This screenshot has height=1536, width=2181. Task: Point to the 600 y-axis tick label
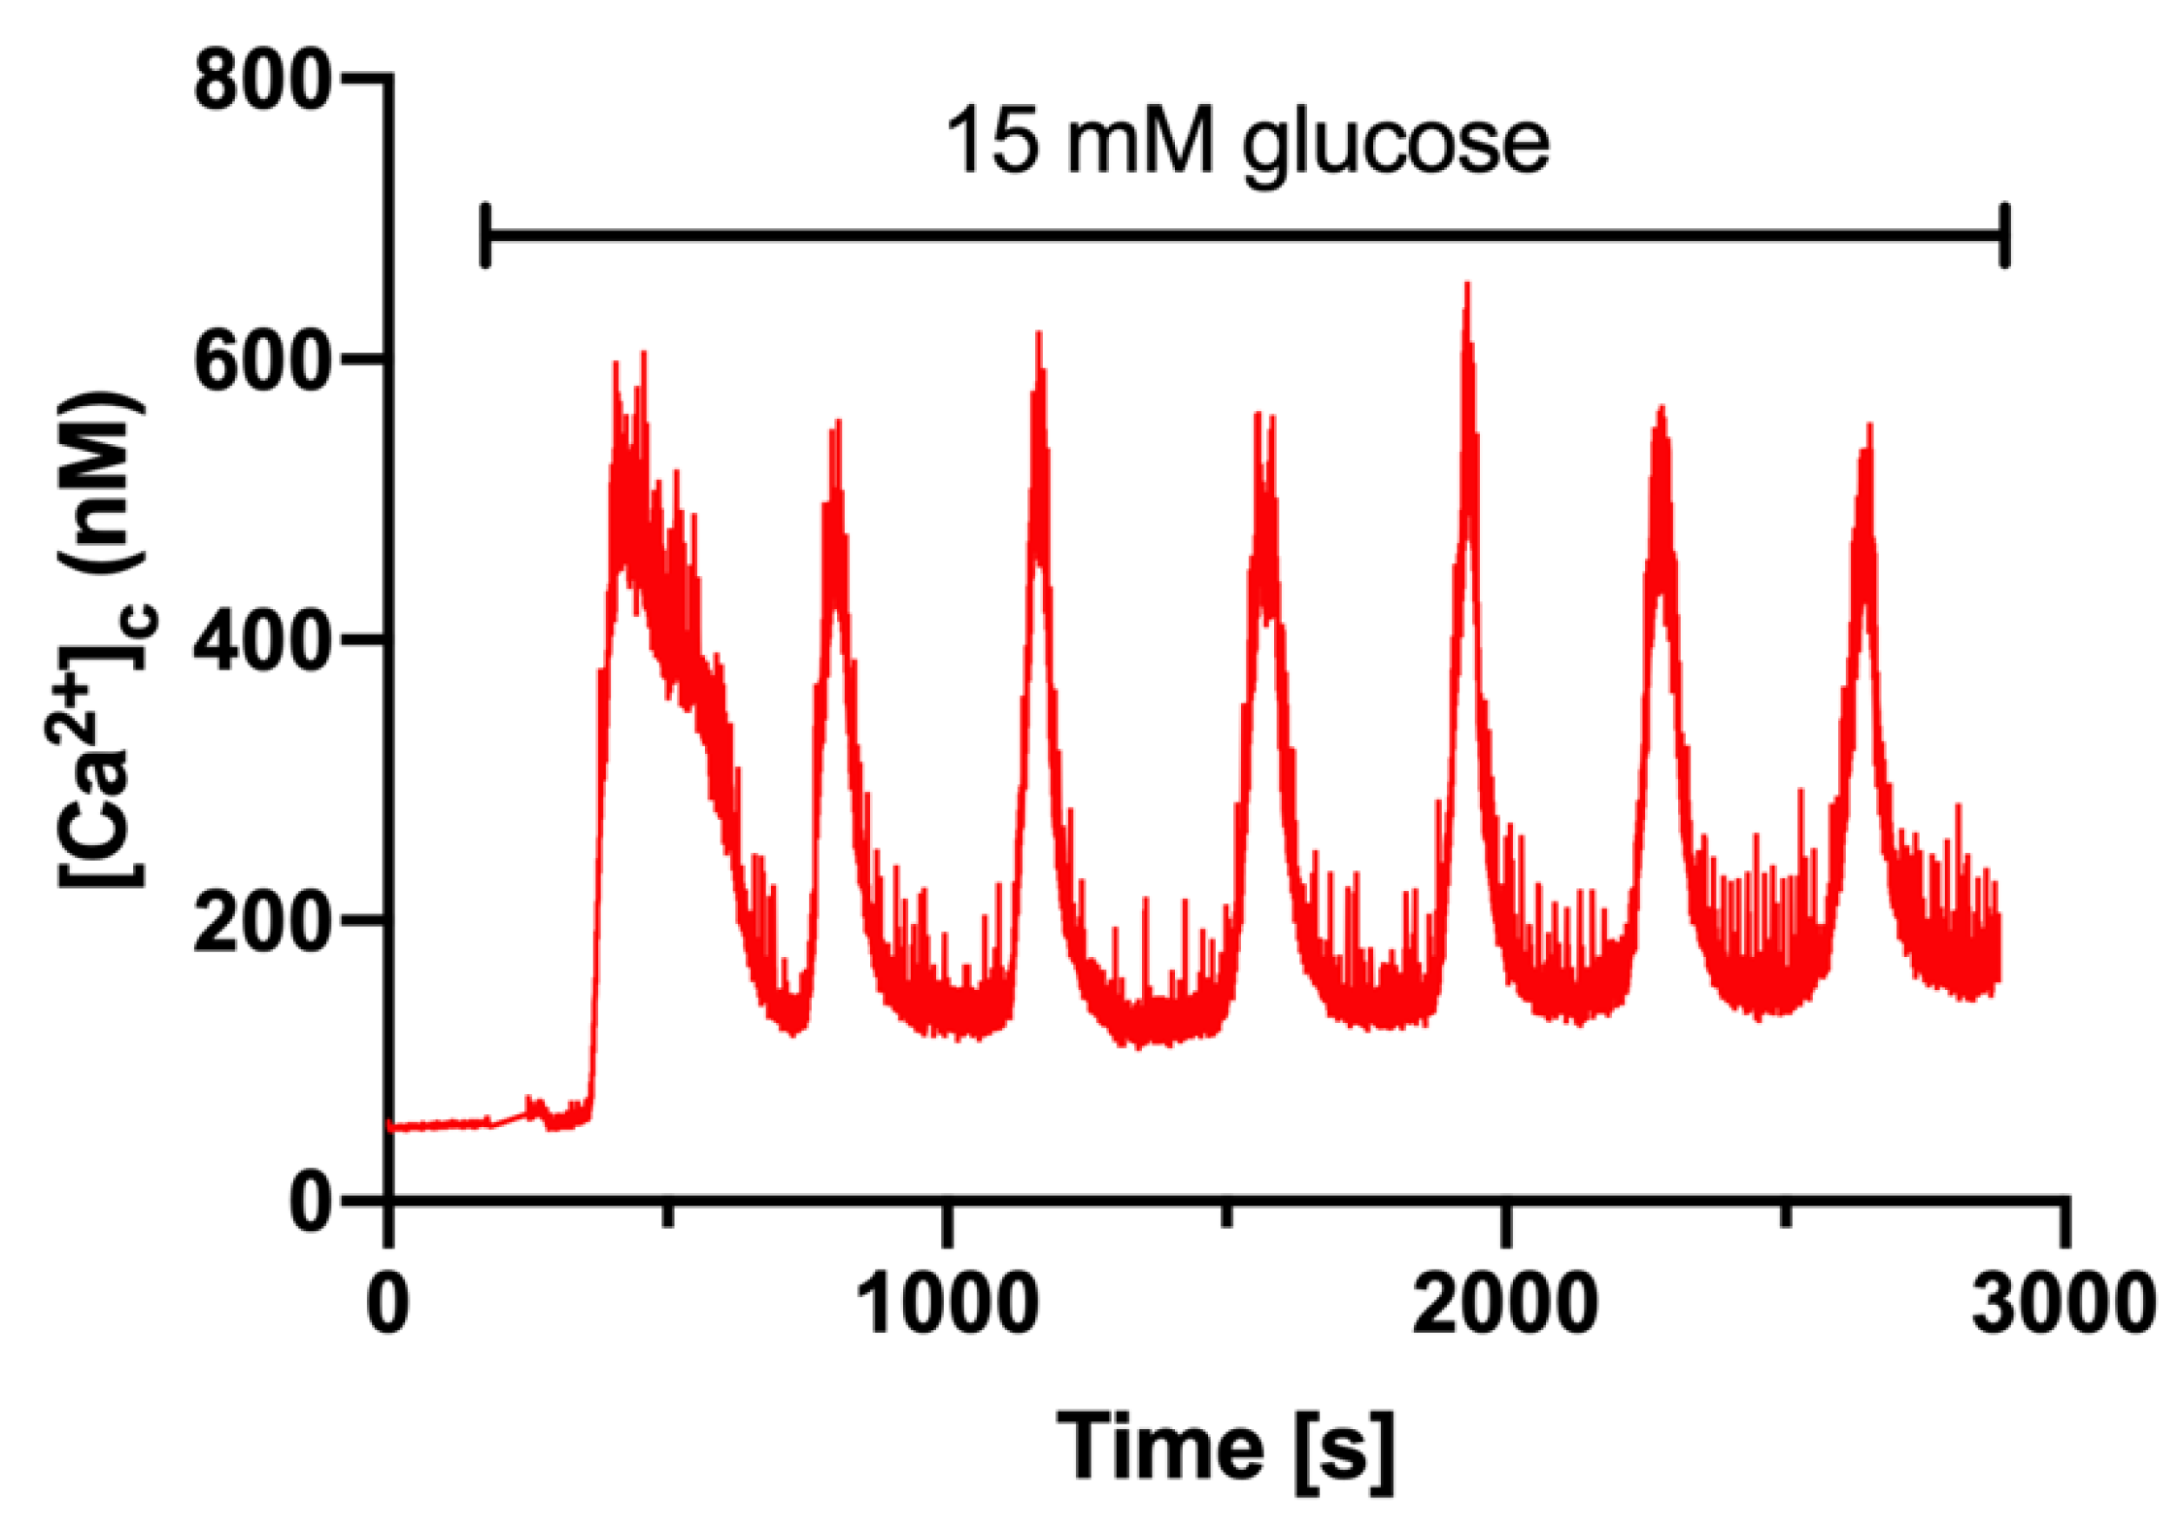pyautogui.click(x=257, y=361)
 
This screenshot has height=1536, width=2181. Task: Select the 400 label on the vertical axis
pyautogui.click(x=257, y=641)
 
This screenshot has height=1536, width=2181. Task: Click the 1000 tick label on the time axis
pyautogui.click(x=948, y=1304)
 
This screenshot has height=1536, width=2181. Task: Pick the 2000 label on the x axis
pyautogui.click(x=1505, y=1304)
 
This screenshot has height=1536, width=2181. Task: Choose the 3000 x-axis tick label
pyautogui.click(x=2064, y=1304)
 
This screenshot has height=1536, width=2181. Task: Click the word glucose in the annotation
pyautogui.click(x=1396, y=146)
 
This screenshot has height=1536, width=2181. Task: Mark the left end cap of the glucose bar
pyautogui.click(x=486, y=235)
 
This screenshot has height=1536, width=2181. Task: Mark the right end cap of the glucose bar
pyautogui.click(x=2006, y=235)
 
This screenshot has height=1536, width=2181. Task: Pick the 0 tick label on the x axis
pyautogui.click(x=388, y=1304)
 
